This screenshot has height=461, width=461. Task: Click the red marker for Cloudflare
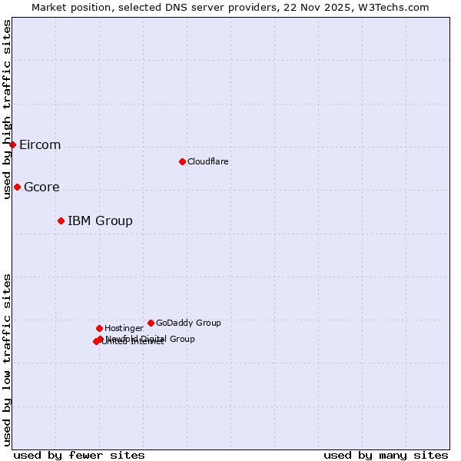pos(182,161)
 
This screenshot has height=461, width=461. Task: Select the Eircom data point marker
pos(12,144)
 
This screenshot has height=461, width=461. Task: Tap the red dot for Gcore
pos(17,187)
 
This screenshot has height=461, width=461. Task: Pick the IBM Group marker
pos(61,221)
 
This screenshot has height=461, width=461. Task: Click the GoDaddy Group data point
pos(151,323)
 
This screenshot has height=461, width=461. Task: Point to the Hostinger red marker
pos(99,328)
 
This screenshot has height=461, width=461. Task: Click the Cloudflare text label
pos(207,161)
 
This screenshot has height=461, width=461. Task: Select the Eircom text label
pos(40,145)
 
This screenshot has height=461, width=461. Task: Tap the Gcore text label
pos(41,187)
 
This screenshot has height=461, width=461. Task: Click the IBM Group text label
pos(100,221)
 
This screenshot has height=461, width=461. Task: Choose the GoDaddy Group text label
pos(188,323)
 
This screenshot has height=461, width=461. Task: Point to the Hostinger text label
pos(124,328)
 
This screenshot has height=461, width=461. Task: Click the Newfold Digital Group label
pos(151,338)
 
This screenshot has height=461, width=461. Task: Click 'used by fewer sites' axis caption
pos(79,455)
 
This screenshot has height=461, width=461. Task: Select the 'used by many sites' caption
pos(386,455)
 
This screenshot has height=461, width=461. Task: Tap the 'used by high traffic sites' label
pos(8,109)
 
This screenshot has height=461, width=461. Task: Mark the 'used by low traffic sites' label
pos(8,360)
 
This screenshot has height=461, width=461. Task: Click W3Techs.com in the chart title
pos(400,7)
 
